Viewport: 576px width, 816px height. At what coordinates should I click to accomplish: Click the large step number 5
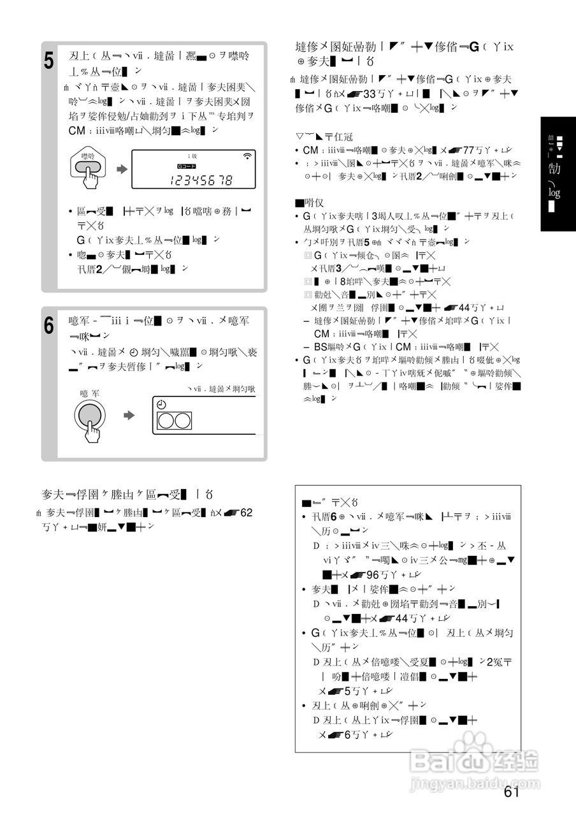click(50, 62)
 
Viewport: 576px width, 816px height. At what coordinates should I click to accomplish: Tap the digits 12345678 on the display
click(201, 180)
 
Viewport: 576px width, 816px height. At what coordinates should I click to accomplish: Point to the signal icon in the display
click(247, 156)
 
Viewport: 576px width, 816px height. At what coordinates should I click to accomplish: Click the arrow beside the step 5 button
click(120, 170)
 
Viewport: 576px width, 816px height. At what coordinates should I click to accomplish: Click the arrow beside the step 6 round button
click(129, 415)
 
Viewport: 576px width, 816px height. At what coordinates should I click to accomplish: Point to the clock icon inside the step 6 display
click(161, 405)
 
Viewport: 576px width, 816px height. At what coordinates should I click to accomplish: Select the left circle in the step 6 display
click(166, 421)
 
